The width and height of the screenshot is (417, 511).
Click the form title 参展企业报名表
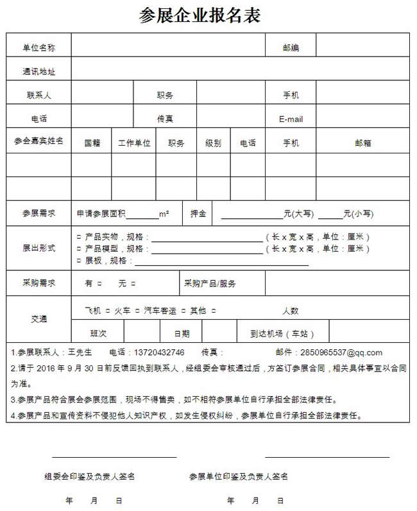200,16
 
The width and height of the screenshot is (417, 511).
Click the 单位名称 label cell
38,48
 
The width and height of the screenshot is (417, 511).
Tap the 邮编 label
291,48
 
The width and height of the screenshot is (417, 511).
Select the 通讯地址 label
38,71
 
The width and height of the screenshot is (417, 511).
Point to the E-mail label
291,119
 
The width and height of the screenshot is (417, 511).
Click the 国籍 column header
92,143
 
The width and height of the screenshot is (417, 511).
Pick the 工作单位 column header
134,143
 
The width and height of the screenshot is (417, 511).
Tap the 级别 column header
213,143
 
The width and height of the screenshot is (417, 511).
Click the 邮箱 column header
362,143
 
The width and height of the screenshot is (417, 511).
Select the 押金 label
198,214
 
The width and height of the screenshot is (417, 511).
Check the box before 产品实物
79,236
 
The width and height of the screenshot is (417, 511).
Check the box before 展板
79,261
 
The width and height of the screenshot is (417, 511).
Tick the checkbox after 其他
213,311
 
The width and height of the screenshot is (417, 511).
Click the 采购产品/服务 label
210,283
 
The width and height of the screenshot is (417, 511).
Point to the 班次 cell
98,333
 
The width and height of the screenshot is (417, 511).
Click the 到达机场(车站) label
282,333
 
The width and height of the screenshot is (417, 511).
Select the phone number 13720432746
158,352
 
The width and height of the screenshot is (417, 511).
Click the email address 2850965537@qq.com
346,352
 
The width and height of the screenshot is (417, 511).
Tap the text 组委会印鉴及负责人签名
89,476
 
